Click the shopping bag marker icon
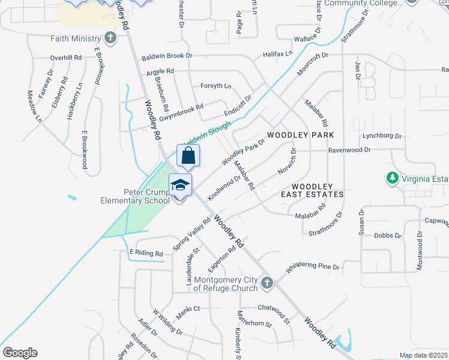click(188, 155)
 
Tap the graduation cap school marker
click(180, 185)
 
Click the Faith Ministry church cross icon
click(110, 38)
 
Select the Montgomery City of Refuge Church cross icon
click(267, 282)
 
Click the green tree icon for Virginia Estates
click(392, 178)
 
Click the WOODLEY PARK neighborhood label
click(300, 135)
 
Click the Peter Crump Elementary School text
click(133, 196)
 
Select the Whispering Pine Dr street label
click(313, 266)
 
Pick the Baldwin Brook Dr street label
click(166, 58)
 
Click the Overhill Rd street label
click(65, 58)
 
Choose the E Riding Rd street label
click(146, 254)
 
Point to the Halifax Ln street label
click(277, 54)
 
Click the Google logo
click(20, 353)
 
